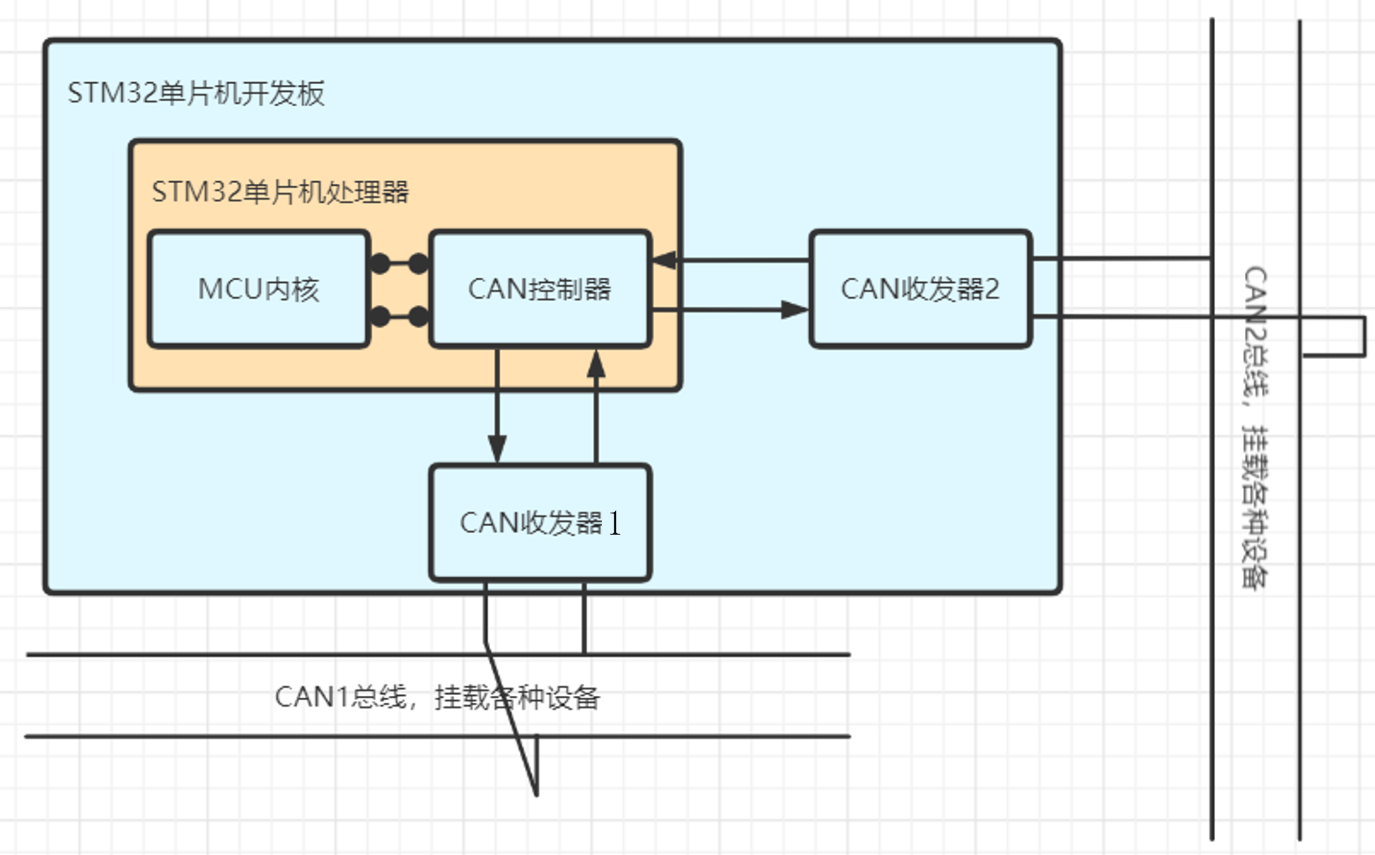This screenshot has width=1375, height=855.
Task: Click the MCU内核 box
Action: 258,289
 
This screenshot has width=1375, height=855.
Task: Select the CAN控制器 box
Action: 540,289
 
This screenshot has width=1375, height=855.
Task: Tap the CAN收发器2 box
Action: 920,289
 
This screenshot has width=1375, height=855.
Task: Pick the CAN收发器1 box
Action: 540,522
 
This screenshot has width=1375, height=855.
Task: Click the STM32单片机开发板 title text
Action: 196,93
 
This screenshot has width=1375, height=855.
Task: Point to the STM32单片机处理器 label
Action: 280,192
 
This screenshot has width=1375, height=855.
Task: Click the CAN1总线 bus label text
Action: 437,697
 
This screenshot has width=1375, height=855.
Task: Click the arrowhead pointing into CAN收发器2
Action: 795,309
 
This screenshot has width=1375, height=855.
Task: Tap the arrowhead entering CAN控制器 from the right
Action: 664,260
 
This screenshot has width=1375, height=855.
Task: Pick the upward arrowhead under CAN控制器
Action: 596,364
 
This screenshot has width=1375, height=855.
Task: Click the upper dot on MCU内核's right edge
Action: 381,263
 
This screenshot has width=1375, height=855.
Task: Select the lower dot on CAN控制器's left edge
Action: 419,316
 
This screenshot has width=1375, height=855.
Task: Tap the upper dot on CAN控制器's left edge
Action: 419,263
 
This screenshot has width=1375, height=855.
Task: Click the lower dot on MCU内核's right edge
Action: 381,316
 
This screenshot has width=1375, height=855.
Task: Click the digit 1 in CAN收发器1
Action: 614,523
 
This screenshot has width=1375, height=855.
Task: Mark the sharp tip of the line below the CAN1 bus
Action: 537,794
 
